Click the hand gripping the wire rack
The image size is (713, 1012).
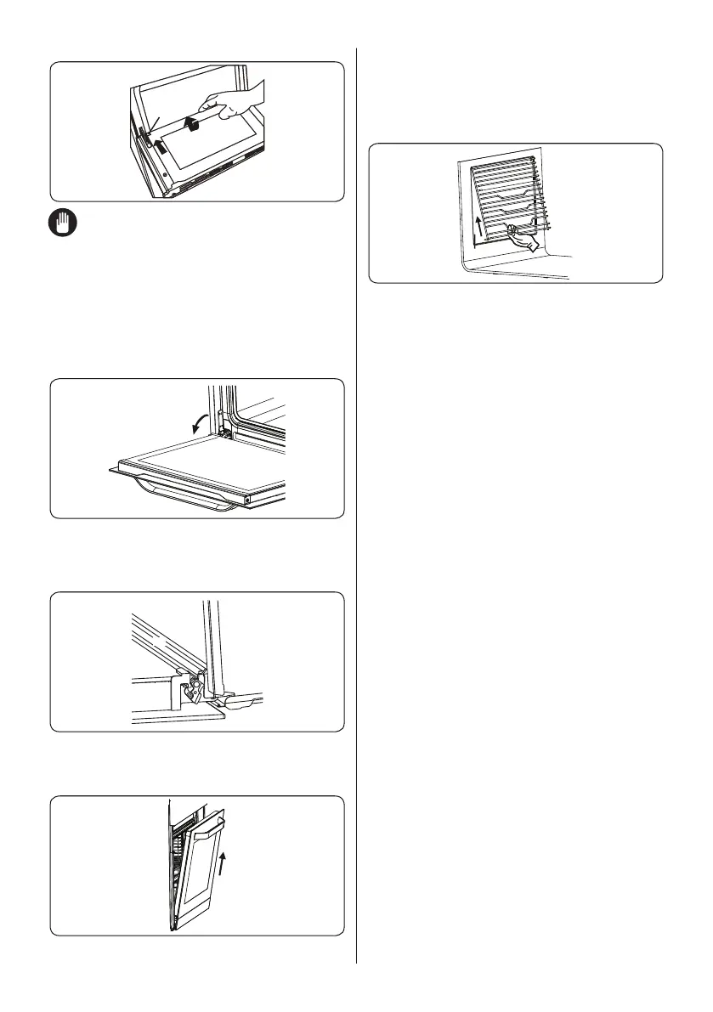[x=522, y=240]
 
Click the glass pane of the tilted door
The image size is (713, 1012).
[x=201, y=875]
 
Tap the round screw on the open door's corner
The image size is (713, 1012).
[x=247, y=500]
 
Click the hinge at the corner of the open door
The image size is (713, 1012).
[x=224, y=433]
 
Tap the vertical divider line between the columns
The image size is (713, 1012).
[x=356, y=510]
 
